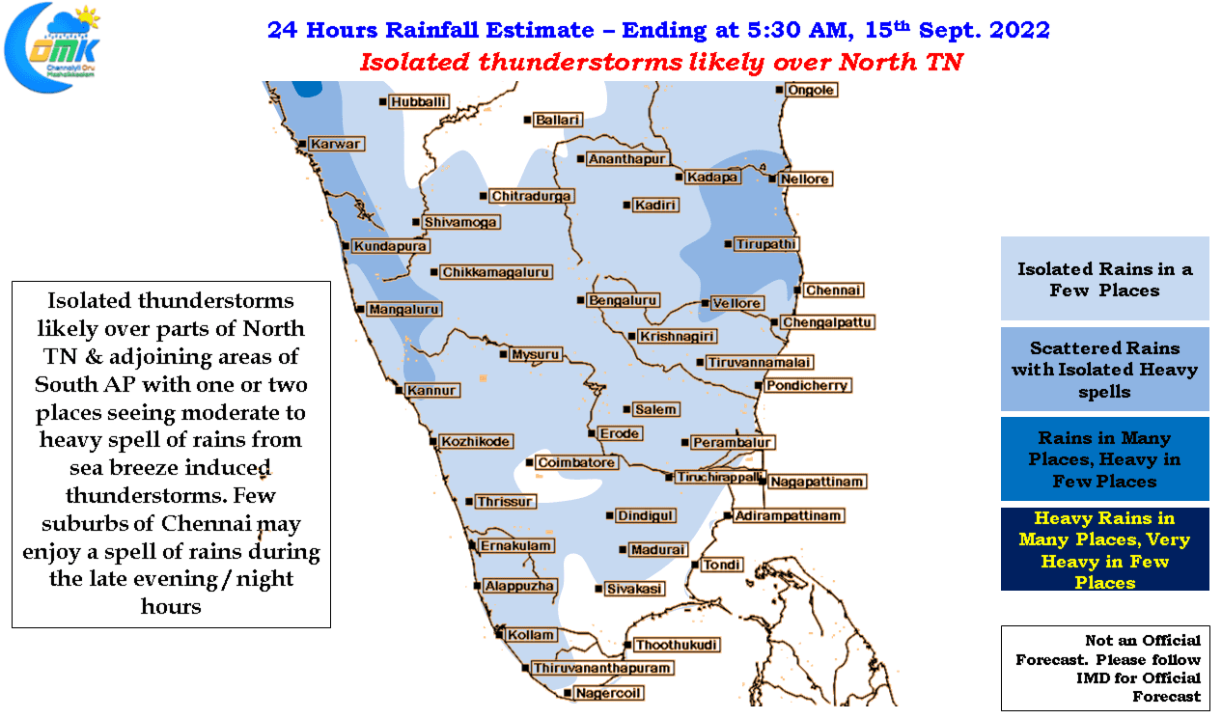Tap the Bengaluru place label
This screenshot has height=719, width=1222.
623,300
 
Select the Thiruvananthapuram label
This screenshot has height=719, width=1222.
601,668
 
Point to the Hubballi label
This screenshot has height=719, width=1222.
419,102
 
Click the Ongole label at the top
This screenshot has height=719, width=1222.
811,90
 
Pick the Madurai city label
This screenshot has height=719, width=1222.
658,549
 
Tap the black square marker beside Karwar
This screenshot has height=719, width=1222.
302,144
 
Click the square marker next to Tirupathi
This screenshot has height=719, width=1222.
728,244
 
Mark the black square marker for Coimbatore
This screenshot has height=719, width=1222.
529,462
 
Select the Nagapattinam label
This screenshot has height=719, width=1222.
818,482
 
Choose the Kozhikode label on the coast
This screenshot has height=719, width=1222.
476,441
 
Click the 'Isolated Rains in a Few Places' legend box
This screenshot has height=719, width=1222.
1104,278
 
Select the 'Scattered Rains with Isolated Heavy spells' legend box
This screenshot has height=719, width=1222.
1104,369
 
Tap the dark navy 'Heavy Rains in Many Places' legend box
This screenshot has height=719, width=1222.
1104,549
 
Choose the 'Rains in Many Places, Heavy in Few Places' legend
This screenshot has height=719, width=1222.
1104,458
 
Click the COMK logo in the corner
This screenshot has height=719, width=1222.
52,48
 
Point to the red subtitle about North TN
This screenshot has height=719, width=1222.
661,62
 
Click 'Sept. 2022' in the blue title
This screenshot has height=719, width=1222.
985,30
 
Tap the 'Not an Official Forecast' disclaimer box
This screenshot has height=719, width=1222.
1105,668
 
